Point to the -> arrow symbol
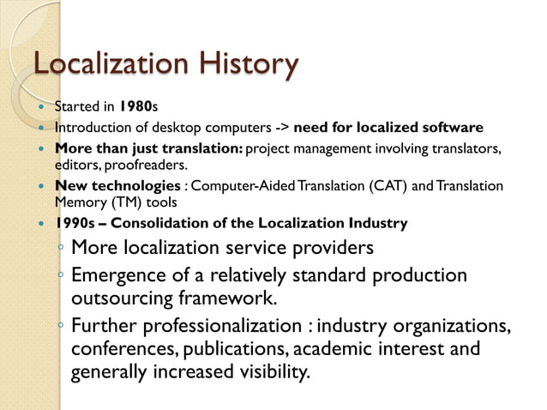click(x=279, y=129)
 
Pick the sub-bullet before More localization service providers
click(x=60, y=250)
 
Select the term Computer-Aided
click(x=244, y=186)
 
